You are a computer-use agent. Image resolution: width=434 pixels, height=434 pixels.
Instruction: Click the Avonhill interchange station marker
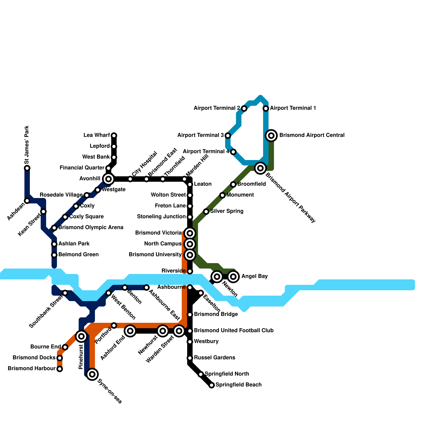pos(108,179)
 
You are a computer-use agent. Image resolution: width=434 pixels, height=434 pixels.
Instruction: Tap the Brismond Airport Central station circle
pos(271,135)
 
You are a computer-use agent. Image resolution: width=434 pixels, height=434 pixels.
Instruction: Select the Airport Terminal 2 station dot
pos(244,108)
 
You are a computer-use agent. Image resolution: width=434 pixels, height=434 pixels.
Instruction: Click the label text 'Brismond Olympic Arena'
pos(91,228)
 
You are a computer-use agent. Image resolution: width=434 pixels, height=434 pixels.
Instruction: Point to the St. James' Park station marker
pos(27,168)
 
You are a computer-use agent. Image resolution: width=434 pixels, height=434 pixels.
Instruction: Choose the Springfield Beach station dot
pos(212,385)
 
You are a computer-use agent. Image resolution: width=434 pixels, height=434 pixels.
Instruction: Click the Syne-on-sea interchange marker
pos(92,374)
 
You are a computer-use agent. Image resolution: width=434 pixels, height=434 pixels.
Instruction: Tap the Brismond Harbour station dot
pos(60,369)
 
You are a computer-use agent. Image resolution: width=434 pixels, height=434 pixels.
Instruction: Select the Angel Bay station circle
pos(233,277)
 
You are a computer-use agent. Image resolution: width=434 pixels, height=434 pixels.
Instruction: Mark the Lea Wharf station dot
pos(114,135)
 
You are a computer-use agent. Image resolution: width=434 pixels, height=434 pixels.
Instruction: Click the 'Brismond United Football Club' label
pos(234,331)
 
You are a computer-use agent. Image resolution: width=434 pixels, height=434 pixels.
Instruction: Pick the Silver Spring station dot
pos(206,212)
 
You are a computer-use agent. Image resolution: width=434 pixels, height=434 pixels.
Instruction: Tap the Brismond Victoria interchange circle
pos(190,233)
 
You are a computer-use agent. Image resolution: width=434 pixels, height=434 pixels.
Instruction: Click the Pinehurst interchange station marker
pos(81,336)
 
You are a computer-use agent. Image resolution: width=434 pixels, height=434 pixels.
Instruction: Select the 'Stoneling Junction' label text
pos(161,217)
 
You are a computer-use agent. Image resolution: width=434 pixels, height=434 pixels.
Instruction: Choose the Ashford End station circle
pos(130,331)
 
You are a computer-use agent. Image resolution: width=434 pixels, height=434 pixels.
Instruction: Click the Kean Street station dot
pos(43,212)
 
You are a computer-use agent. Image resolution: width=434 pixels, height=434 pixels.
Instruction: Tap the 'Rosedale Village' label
pos(61,195)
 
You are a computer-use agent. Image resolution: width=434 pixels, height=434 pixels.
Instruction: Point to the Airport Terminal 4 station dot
pos(233,152)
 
